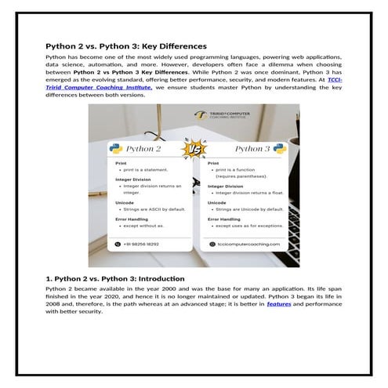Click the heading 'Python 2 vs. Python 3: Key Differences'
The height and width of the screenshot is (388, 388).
(125, 46)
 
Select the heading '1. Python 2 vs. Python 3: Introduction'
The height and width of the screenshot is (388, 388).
(115, 278)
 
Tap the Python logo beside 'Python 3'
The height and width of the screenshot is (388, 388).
(279, 148)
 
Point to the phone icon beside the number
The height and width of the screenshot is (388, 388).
(118, 244)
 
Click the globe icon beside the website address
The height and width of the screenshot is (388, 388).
(210, 244)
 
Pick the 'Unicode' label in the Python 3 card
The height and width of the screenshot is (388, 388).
(217, 202)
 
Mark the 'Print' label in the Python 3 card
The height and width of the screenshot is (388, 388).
(213, 163)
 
